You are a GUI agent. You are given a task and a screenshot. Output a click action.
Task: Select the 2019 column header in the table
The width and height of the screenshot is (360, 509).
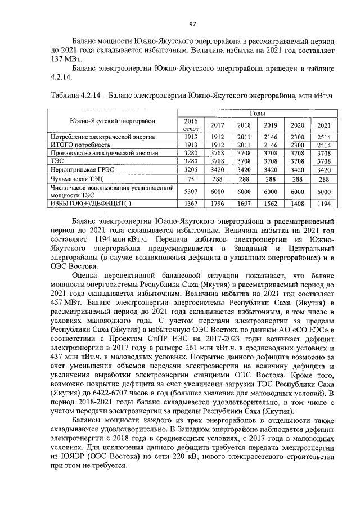point(271,125)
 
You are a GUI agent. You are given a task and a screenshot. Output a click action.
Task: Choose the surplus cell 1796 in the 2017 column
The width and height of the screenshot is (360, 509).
point(217,203)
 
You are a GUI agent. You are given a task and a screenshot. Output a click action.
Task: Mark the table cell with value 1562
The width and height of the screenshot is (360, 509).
point(271,203)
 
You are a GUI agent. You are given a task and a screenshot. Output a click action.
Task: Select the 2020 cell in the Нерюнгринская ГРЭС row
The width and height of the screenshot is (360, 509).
point(297,169)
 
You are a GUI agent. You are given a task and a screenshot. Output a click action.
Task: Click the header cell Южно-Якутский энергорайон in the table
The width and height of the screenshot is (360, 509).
point(112,121)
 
